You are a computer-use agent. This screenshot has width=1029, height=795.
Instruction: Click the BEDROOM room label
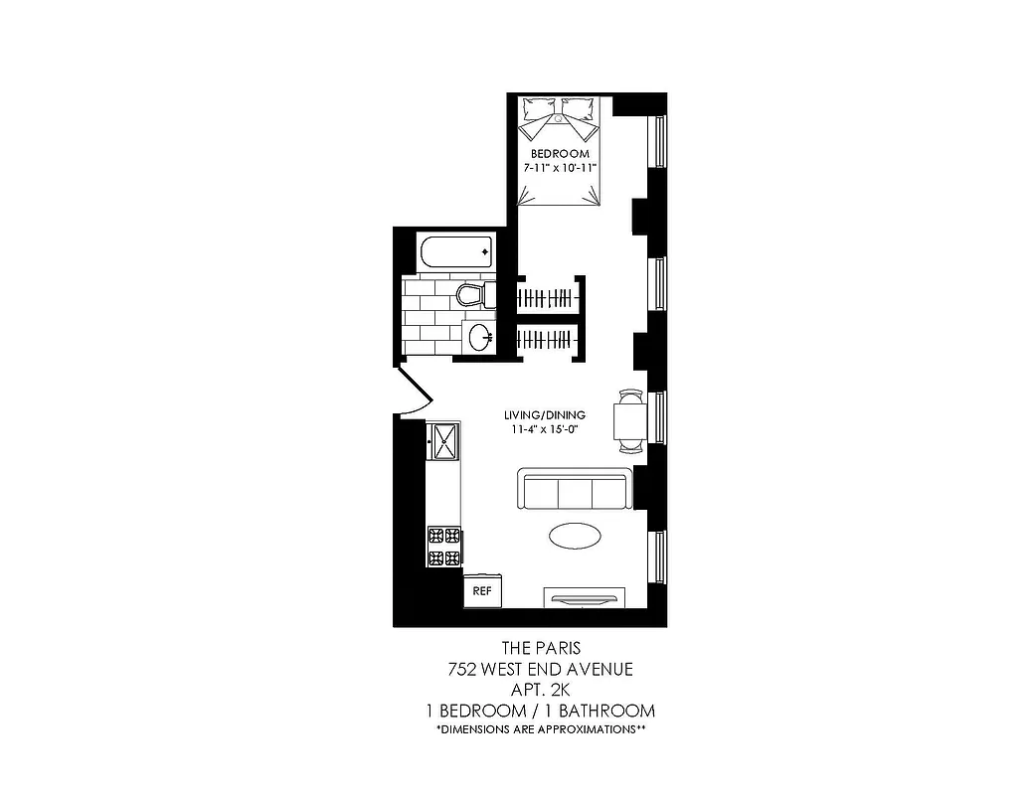[560, 154]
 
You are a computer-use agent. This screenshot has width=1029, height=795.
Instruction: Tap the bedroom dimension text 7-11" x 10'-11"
[560, 169]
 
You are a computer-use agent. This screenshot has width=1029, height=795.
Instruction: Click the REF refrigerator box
[483, 590]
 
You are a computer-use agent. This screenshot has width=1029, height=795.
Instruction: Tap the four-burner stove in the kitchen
[444, 546]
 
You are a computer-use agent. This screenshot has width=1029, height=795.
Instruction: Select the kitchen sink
[443, 439]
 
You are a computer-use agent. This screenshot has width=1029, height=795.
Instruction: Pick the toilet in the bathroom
[471, 294]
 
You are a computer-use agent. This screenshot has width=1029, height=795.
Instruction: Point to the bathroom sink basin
[479, 336]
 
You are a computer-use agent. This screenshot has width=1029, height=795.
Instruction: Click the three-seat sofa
[575, 490]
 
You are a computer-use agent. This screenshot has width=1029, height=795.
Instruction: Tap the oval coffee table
[575, 536]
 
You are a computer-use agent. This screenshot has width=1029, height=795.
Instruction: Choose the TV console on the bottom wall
[585, 596]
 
